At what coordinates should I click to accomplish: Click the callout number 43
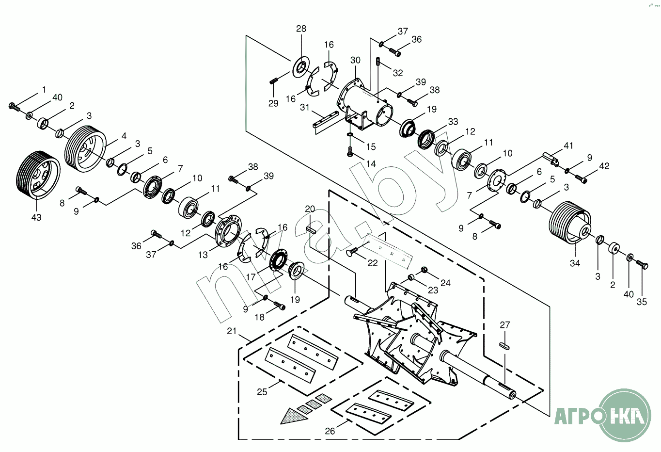pyautogui.click(x=36, y=218)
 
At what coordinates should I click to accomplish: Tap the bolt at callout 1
pyautogui.click(x=14, y=107)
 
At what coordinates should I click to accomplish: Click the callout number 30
pyautogui.click(x=355, y=61)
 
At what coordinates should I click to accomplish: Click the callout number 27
pyautogui.click(x=505, y=325)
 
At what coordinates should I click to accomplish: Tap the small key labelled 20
pyautogui.click(x=311, y=230)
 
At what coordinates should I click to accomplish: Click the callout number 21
pyautogui.click(x=232, y=331)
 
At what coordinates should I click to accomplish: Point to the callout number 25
pyautogui.click(x=262, y=392)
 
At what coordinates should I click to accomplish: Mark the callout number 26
pyautogui.click(x=330, y=431)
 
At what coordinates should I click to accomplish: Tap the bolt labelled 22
pyautogui.click(x=352, y=252)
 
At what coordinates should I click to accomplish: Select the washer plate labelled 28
pyautogui.click(x=301, y=66)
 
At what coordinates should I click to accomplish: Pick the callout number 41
pyautogui.click(x=568, y=145)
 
